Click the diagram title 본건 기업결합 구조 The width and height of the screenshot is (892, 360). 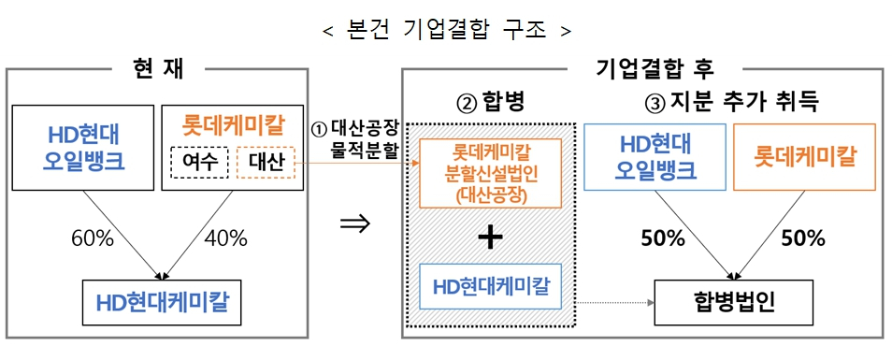(446, 29)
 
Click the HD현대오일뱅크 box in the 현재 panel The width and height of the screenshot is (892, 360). (83, 148)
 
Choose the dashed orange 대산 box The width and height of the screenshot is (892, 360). (265, 164)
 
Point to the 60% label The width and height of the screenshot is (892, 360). (92, 238)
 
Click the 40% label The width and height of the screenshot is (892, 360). (225, 238)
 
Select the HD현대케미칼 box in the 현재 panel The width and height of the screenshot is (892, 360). (165, 302)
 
